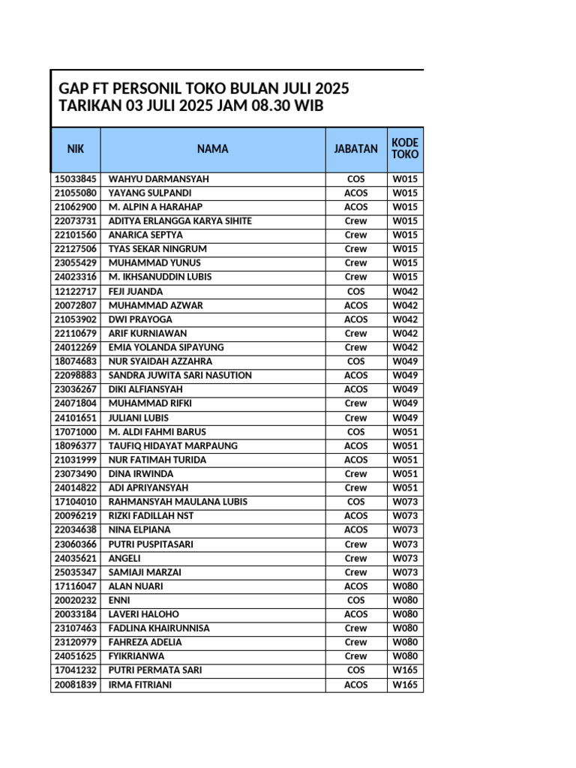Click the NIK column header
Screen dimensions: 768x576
click(76, 148)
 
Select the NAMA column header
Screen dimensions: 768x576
click(213, 148)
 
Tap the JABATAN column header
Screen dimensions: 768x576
click(356, 148)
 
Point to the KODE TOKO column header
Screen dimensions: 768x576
click(405, 148)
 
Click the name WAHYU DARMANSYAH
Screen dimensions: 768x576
click(159, 179)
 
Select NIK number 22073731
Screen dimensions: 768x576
click(76, 221)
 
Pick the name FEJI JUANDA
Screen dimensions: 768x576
click(136, 291)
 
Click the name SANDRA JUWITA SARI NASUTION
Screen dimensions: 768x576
click(180, 375)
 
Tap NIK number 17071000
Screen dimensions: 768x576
click(76, 432)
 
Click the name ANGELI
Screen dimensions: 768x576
click(124, 558)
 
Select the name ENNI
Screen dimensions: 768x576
click(120, 600)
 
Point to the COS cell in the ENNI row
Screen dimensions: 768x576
click(356, 600)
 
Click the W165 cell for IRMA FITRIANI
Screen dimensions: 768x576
click(405, 685)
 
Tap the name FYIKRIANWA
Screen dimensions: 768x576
click(136, 656)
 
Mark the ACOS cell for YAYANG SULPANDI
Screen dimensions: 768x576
click(356, 193)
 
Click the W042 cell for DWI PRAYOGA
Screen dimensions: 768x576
click(405, 319)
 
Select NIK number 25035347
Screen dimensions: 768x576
click(76, 572)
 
